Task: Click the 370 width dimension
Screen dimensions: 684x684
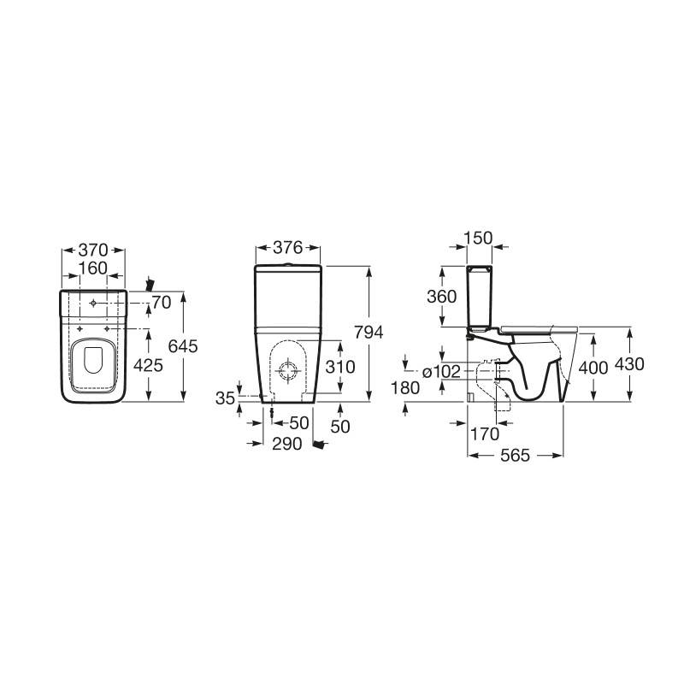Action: tap(93, 250)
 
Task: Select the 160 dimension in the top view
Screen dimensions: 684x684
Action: tap(93, 268)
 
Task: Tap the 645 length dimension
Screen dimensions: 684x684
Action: tap(183, 346)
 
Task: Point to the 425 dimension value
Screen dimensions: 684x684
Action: tap(148, 365)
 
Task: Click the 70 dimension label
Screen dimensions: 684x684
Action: tap(162, 303)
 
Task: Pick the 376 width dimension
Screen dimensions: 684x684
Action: tap(288, 248)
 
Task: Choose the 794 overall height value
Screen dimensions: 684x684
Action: tap(369, 333)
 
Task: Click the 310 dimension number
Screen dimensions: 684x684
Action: tap(340, 367)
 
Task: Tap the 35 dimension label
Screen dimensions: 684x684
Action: tap(226, 398)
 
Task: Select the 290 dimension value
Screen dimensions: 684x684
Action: tap(287, 444)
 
